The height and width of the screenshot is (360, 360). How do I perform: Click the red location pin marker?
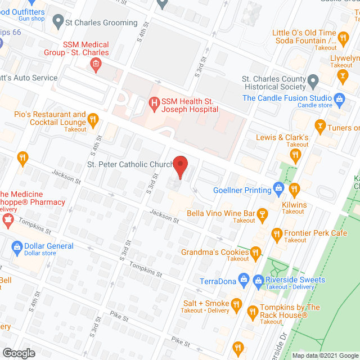[180, 166]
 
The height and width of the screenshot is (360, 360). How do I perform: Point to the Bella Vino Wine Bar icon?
[262, 214]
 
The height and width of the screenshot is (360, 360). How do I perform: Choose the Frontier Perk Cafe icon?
[276, 233]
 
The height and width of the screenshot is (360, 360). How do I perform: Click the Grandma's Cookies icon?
[255, 251]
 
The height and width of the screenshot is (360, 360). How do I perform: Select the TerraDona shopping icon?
[244, 278]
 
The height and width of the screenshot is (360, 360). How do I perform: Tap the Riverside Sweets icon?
[258, 280]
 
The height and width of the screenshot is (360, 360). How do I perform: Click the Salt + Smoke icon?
[236, 304]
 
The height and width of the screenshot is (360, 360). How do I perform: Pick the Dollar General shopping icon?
[17, 246]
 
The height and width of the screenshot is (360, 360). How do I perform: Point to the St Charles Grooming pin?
[57, 22]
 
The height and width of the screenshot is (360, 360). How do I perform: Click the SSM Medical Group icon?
[96, 64]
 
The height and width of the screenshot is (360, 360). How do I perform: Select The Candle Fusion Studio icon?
[339, 98]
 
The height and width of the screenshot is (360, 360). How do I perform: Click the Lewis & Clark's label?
[282, 137]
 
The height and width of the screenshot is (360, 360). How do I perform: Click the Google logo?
[18, 353]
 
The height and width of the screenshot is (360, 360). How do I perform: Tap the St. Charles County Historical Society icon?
[313, 83]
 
